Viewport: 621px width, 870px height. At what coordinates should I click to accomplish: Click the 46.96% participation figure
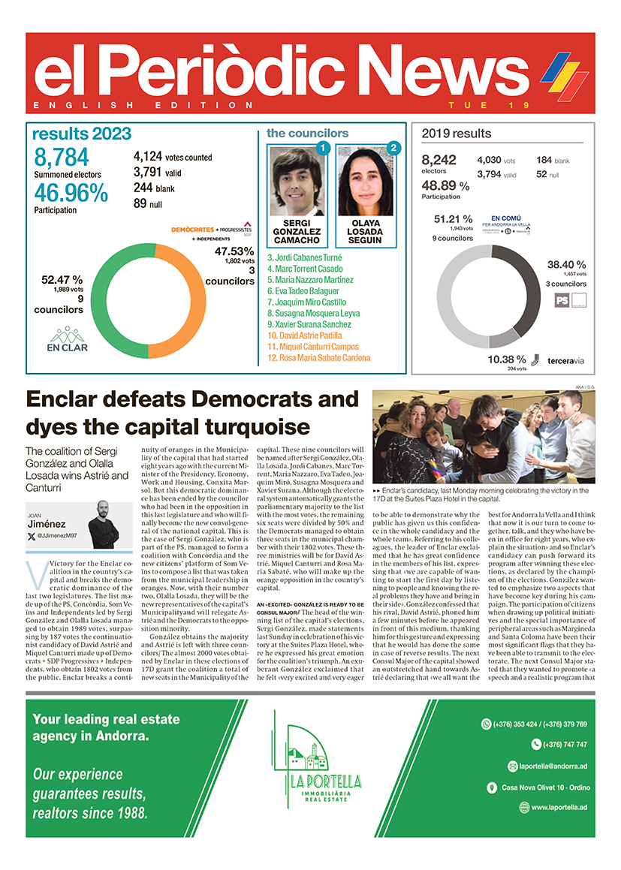tap(71, 193)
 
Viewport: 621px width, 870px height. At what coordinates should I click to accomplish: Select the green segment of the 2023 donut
tap(113, 300)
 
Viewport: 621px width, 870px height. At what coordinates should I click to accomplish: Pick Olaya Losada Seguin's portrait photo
tap(364, 181)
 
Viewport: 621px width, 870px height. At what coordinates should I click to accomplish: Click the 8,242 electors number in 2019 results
tap(439, 160)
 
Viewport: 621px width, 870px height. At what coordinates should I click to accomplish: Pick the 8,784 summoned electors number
tap(62, 158)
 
